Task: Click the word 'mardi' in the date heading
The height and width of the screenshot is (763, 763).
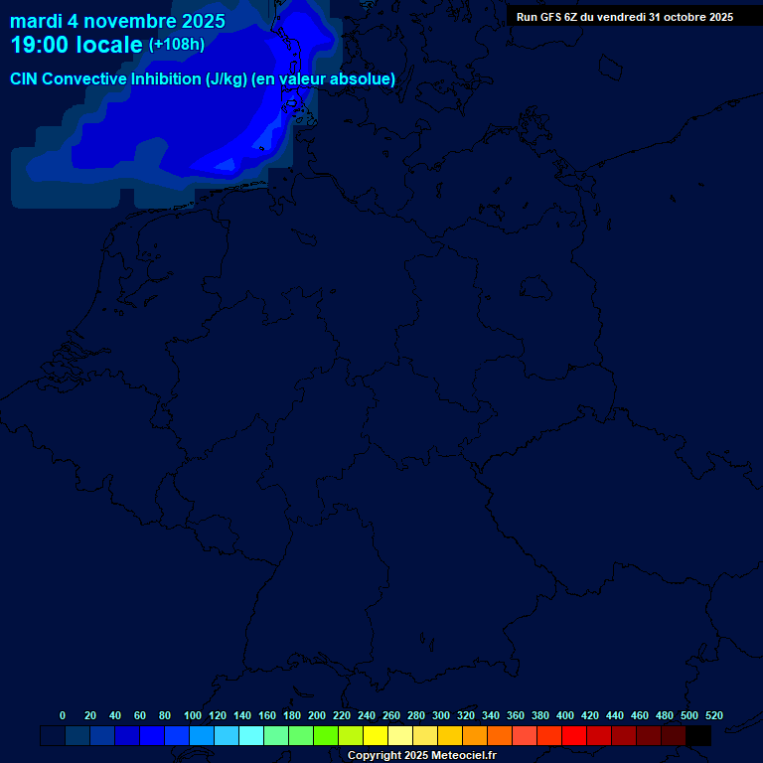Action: pos(36,21)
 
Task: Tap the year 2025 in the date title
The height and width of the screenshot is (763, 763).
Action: pos(203,21)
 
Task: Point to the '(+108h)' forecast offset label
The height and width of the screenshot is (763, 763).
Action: pos(176,45)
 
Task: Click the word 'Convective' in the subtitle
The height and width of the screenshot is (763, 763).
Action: pos(85,79)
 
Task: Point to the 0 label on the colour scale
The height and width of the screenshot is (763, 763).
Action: pos(63,715)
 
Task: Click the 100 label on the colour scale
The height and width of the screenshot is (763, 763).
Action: pos(193,715)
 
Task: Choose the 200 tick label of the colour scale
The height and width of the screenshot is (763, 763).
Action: pos(317,715)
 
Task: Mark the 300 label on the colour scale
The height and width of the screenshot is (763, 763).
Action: pos(441,715)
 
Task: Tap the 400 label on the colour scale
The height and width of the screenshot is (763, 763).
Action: pos(565,715)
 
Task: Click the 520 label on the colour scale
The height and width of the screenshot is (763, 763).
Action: pos(713,715)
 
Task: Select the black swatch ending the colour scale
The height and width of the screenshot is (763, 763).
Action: pos(698,736)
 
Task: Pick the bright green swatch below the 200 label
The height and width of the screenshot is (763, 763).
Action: pos(326,736)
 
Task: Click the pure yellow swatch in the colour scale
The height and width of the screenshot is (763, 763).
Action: pos(376,736)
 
